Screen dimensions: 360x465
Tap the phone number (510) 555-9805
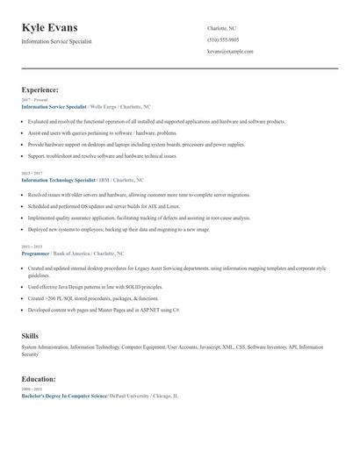click(223, 40)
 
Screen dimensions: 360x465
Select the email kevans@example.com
click(230, 52)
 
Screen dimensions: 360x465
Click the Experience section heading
click(40, 89)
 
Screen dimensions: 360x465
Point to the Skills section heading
click(30, 336)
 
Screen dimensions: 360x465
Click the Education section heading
click(39, 379)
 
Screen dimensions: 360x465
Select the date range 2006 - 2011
click(32, 390)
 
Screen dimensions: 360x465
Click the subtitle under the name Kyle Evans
click(56, 41)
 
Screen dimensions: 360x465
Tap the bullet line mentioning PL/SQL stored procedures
click(86, 298)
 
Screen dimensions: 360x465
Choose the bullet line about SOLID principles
click(95, 287)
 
